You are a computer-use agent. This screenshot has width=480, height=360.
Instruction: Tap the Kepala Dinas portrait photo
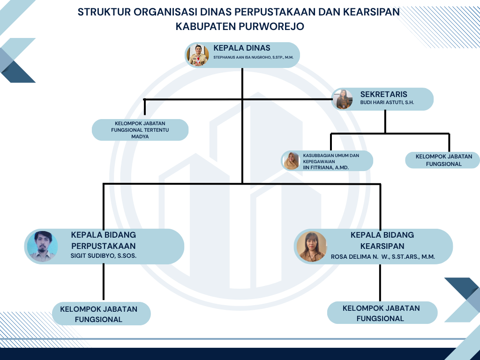[198, 55]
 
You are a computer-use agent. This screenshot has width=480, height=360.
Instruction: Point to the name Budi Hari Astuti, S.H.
[387, 103]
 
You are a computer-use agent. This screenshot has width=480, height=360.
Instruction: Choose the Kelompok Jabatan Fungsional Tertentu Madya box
[140, 130]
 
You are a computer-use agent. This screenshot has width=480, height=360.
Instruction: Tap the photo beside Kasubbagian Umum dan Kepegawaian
[291, 161]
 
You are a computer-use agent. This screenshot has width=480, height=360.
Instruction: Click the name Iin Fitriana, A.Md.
[326, 167]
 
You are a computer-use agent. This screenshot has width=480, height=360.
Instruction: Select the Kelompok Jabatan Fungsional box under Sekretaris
[442, 160]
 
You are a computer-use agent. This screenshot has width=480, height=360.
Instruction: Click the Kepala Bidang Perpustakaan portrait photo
[42, 247]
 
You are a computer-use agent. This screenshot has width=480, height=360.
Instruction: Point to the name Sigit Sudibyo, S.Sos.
[104, 255]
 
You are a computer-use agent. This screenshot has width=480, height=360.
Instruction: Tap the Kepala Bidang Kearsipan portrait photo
[312, 247]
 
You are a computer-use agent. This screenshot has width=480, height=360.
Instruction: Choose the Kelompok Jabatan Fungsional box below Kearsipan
[382, 313]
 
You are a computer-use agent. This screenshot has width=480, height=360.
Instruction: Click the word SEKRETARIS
[383, 94]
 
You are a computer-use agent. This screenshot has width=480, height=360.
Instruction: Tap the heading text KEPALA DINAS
[242, 48]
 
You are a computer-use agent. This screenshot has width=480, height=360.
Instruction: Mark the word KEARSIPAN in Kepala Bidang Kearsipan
[382, 246]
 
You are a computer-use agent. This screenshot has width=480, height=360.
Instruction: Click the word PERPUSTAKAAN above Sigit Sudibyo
[104, 246]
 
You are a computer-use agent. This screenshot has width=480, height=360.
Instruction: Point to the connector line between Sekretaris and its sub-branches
[385, 122]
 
